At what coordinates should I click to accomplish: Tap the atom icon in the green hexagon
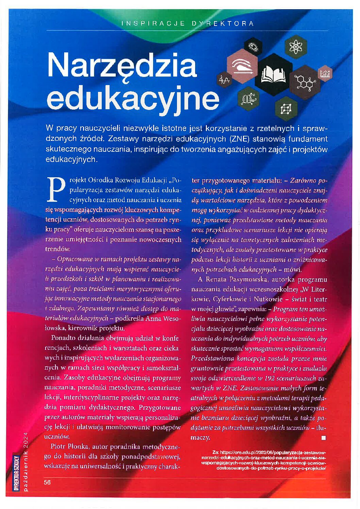[x=295, y=47]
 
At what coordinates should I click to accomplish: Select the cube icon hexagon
[x=286, y=109]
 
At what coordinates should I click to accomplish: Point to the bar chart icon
[x=325, y=73]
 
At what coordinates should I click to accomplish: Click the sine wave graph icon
[x=224, y=80]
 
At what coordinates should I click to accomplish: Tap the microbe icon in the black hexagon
[x=253, y=47]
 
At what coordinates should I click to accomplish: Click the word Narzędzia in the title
[x=122, y=65]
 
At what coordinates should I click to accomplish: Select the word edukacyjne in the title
[x=133, y=98]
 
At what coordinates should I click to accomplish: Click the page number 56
[x=47, y=482]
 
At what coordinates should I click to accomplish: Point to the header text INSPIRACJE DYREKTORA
[x=187, y=23]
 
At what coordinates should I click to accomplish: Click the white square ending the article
[x=324, y=438]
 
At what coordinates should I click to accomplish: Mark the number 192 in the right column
[x=269, y=378]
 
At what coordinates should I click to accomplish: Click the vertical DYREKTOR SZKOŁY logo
[x=16, y=473]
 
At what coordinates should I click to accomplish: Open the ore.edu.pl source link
[x=269, y=460]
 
